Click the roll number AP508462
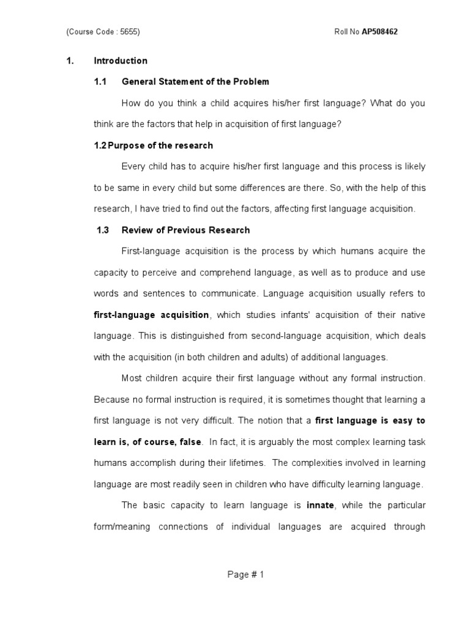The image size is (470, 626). pos(380,32)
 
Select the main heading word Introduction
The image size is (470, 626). pos(121,61)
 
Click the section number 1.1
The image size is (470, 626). pos(100,81)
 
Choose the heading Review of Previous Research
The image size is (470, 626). pos(186,230)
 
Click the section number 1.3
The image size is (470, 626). pos(103,230)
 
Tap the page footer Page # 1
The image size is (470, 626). pos(245,574)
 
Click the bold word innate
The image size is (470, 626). pos(320,505)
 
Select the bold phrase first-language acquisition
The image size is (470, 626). pos(151,315)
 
